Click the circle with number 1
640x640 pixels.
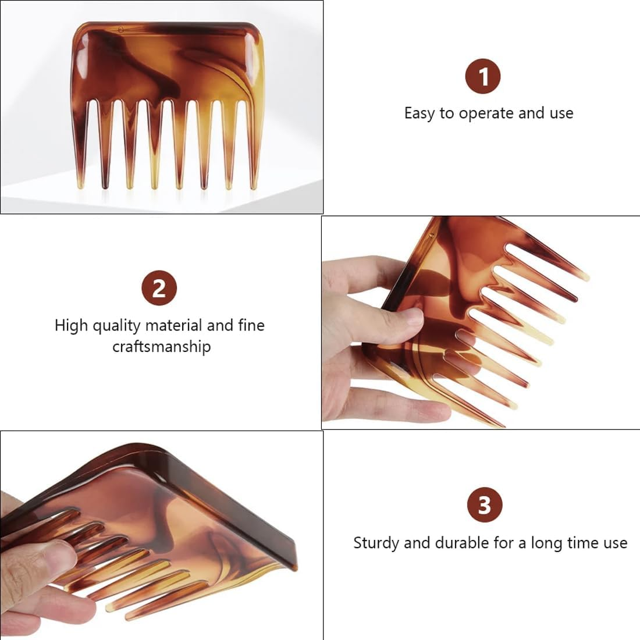pos(482,76)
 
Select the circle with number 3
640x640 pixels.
pos(484,505)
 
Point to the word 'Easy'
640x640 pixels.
pos(419,113)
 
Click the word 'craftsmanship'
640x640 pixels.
pos(161,347)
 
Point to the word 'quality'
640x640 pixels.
pos(115,325)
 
